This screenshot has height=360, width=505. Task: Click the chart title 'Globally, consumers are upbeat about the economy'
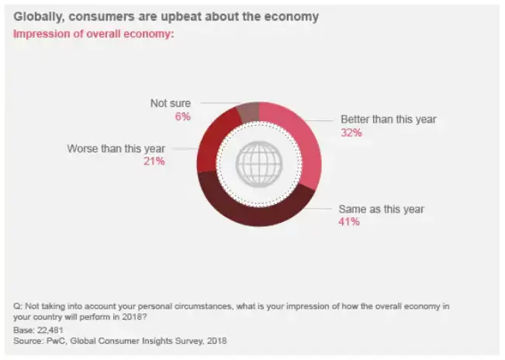tap(168, 16)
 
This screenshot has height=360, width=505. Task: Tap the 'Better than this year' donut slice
tap(299, 132)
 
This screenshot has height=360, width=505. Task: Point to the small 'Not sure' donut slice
tap(247, 112)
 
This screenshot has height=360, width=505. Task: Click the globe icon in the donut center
tap(258, 164)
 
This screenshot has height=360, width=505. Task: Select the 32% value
tap(351, 133)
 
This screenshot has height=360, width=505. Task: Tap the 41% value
tap(348, 223)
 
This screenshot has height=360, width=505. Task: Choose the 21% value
tap(154, 161)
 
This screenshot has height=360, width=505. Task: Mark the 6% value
tap(182, 116)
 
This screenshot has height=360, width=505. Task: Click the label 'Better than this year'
tap(389, 119)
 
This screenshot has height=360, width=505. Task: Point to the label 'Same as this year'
tap(382, 209)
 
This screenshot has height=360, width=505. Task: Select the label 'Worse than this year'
tap(116, 148)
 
